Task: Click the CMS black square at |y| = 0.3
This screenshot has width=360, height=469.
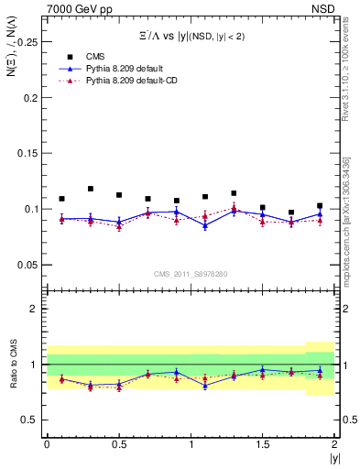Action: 90,189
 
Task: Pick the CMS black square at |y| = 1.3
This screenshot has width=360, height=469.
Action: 235,193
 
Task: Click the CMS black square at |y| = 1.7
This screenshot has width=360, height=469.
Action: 291,212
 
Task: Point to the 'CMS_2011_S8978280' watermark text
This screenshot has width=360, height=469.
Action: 191,274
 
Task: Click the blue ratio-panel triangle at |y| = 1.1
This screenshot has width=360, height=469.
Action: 205,385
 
